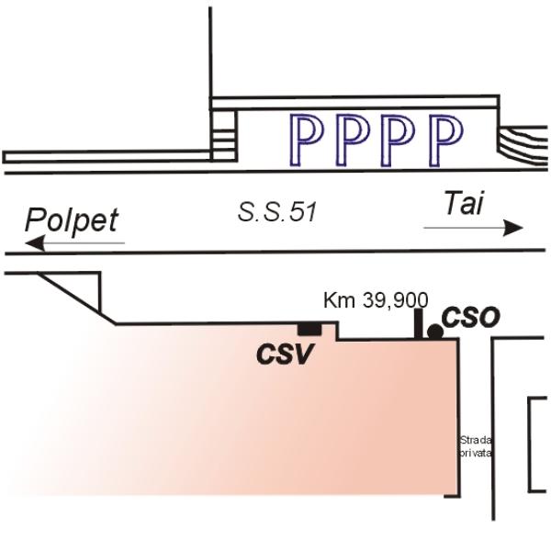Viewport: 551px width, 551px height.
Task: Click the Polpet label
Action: pyautogui.click(x=72, y=221)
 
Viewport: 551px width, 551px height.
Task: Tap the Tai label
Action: pyautogui.click(x=464, y=203)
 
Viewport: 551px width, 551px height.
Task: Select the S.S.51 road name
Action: pyautogui.click(x=277, y=213)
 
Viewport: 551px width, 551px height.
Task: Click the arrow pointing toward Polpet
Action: pyautogui.click(x=75, y=243)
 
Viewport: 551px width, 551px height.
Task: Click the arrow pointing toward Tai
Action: pyautogui.click(x=473, y=228)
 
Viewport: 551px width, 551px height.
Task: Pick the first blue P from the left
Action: pyautogui.click(x=306, y=140)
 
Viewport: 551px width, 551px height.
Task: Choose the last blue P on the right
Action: pyautogui.click(x=445, y=141)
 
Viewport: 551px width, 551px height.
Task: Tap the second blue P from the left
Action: pyautogui.click(x=353, y=140)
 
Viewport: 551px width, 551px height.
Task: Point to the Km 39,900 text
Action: pyautogui.click(x=376, y=301)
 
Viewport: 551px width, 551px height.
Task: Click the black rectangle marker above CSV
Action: pyautogui.click(x=309, y=330)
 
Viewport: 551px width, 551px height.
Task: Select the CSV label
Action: pyautogui.click(x=285, y=354)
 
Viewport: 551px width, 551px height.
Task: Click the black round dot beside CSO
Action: pyautogui.click(x=435, y=332)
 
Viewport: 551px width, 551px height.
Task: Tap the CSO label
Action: pyautogui.click(x=470, y=318)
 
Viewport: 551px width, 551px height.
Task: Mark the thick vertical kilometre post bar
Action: pyautogui.click(x=419, y=324)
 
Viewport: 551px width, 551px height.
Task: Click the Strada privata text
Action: pyautogui.click(x=476, y=446)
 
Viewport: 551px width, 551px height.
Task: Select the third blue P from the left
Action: pyautogui.click(x=399, y=140)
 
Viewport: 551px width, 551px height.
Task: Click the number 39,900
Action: pyautogui.click(x=395, y=301)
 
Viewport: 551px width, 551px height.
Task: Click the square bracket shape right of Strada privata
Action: pyautogui.click(x=530, y=444)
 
